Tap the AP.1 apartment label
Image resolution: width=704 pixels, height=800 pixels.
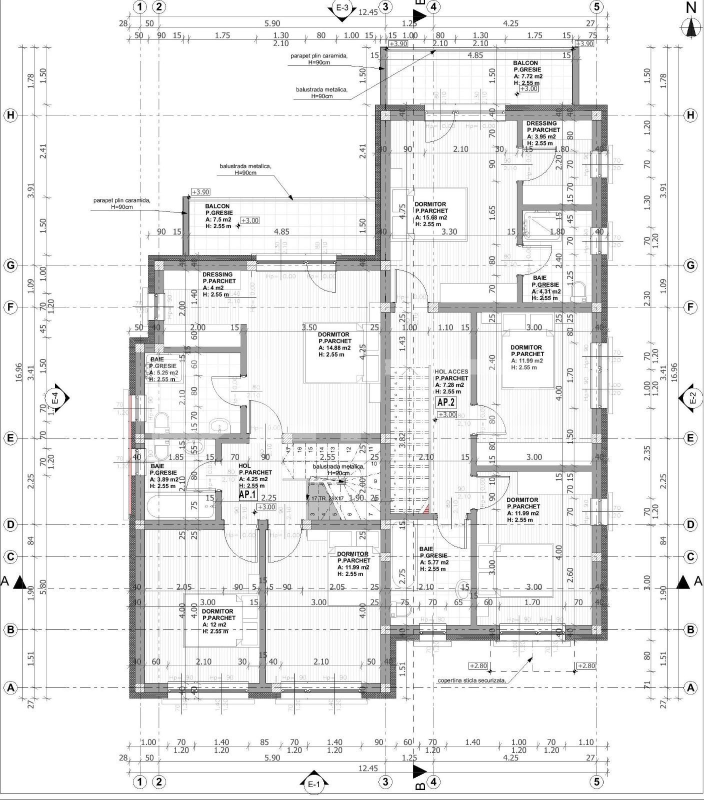248,495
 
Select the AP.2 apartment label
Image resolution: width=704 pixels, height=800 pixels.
446,402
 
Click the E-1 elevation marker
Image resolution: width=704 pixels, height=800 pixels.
313,784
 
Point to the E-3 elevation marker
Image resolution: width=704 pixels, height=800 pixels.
342,8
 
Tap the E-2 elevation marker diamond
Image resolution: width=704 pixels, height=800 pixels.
692,398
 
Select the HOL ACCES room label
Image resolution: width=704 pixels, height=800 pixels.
451,371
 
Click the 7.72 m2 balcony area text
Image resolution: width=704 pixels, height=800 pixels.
528,76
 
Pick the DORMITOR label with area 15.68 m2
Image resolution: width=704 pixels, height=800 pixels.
430,204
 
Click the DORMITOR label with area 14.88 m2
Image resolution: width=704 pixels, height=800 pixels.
334,334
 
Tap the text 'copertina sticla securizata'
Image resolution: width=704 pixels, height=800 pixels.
471,680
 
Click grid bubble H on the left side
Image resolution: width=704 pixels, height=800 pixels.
10,115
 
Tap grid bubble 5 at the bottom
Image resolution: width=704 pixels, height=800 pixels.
596,781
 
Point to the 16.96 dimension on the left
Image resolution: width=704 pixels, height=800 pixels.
19,372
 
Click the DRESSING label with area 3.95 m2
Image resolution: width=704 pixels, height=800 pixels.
541,123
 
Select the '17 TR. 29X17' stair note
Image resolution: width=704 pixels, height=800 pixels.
328,498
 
